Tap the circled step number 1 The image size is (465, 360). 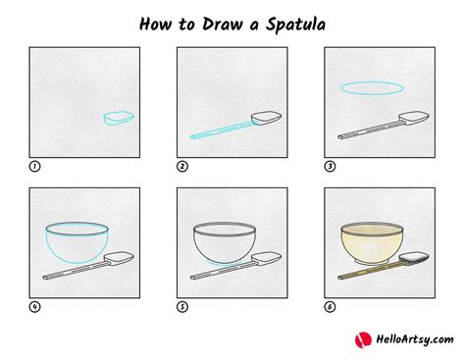pyautogui.click(x=36, y=167)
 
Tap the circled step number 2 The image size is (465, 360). pyautogui.click(x=182, y=167)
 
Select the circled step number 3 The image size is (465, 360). pyautogui.click(x=330, y=167)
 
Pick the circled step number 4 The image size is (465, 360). pyautogui.click(x=36, y=307)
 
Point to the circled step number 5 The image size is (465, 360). pyautogui.click(x=182, y=307)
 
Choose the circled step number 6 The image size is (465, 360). pyautogui.click(x=330, y=307)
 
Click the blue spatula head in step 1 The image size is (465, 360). pyautogui.click(x=118, y=119)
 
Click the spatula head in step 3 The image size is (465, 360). pyautogui.click(x=411, y=119)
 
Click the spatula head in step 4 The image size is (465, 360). pyautogui.click(x=118, y=259)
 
